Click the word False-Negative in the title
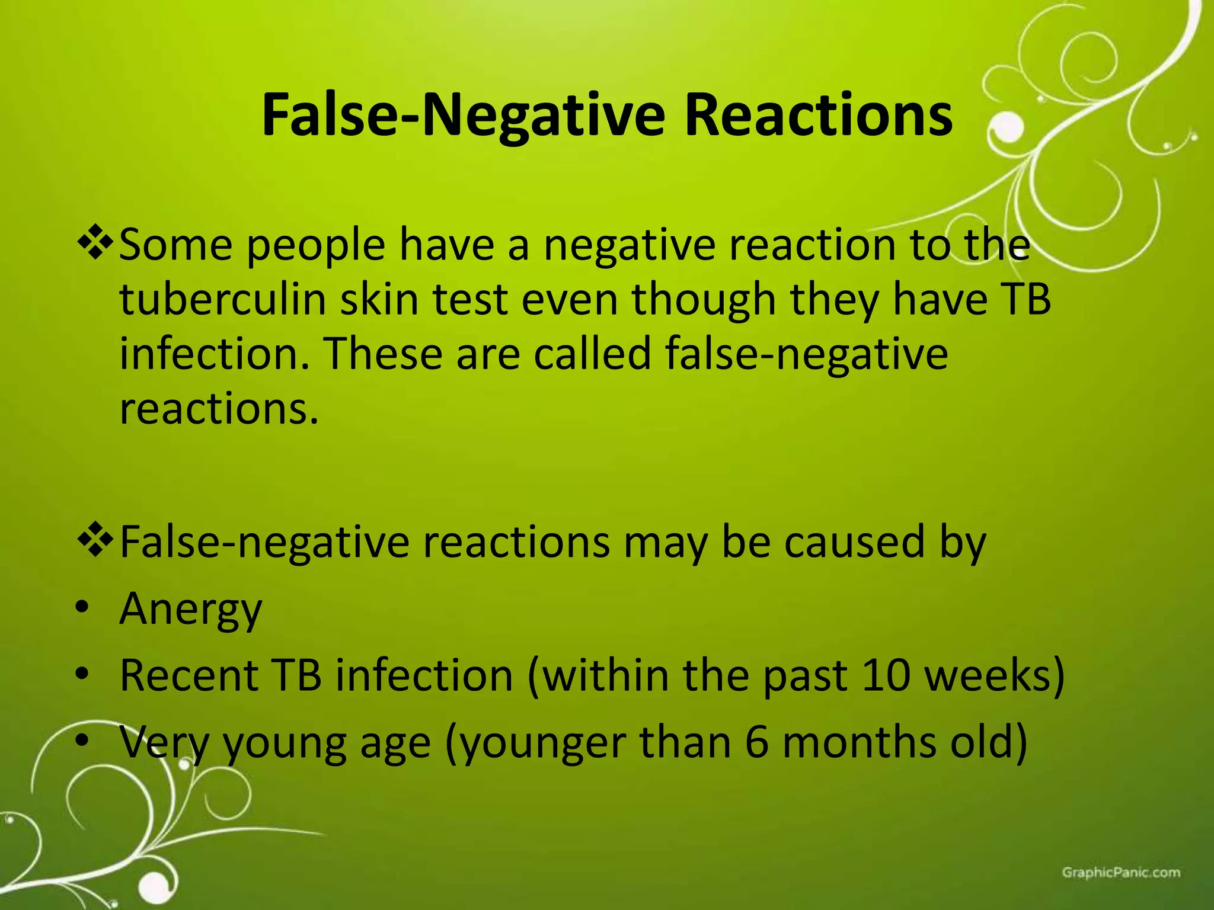pos(464,116)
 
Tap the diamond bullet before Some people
pos(95,243)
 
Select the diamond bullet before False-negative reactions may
pos(95,541)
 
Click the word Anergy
pos(190,610)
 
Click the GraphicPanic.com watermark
pos(1121,872)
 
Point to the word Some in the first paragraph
pos(176,245)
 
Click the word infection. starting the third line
pos(215,354)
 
